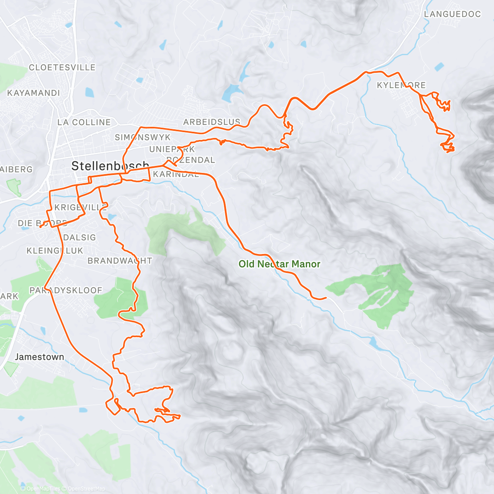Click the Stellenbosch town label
110,166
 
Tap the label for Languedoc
452,14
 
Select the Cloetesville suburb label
62,67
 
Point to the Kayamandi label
34,93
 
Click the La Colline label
84,122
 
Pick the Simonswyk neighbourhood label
142,137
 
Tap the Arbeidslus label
212,122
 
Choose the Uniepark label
172,149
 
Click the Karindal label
176,174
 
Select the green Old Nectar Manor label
279,264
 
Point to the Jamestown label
40,357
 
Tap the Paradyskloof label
66,290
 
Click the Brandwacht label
120,261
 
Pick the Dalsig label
79,238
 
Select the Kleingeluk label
55,251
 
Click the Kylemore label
401,85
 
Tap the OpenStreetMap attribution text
86,489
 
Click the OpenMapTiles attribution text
43,489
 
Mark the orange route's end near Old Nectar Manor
326,297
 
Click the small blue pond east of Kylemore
440,66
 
